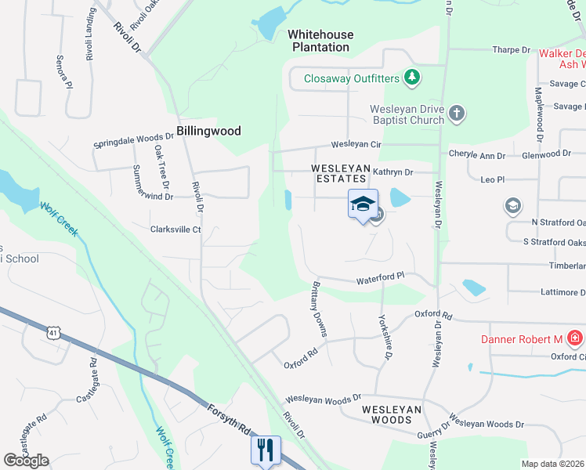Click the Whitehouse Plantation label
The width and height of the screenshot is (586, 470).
click(320, 41)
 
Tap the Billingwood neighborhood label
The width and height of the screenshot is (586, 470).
click(208, 131)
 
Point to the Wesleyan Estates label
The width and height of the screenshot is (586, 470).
click(339, 173)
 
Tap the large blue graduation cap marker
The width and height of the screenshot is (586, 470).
click(363, 204)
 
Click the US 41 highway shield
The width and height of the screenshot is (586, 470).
click(52, 332)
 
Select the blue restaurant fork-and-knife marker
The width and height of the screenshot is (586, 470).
click(264, 450)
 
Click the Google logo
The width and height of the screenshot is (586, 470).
click(26, 460)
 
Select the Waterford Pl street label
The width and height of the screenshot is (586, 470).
click(380, 277)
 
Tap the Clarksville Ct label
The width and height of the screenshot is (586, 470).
click(176, 230)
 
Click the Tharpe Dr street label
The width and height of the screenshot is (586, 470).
click(512, 50)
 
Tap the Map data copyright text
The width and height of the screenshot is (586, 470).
click(553, 464)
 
